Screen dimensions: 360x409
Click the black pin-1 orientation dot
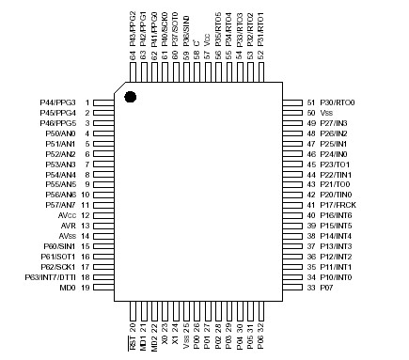131,97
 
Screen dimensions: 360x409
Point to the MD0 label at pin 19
67,288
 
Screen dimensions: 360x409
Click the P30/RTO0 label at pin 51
338,102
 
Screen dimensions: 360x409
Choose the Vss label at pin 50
327,113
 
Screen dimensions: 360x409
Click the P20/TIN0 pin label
336,195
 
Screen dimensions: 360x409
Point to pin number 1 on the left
87,102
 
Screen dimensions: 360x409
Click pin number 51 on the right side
311,102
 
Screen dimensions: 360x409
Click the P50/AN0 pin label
61,133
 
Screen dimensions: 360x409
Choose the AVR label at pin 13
68,227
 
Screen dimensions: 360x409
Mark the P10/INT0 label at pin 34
336,277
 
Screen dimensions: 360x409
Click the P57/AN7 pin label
61,205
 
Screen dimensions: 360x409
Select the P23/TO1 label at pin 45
335,164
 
